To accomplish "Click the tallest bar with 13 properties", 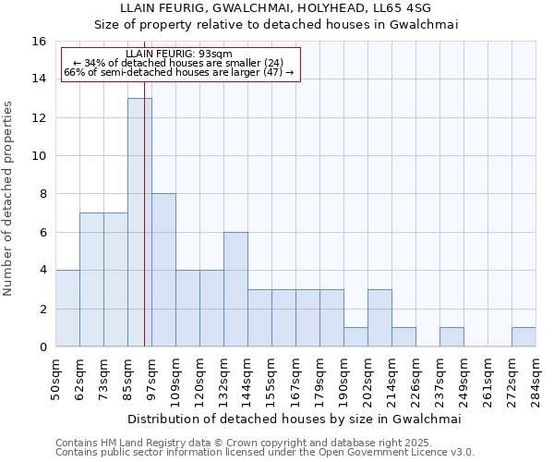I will click(139, 222).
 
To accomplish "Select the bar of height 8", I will click(163, 270).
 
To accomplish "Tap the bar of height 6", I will click(235, 289).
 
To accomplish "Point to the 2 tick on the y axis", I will click(42, 309).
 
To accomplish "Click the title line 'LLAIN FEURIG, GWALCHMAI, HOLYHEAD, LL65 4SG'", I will click(277, 8).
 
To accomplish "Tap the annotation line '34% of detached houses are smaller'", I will click(181, 63).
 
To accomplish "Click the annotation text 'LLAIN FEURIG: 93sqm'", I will click(180, 54).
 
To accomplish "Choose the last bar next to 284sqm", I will click(524, 337).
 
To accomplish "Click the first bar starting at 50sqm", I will click(67, 309).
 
